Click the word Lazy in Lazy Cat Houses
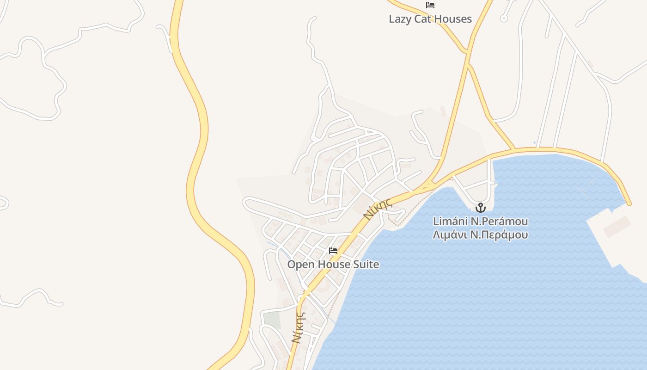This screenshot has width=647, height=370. (400, 19)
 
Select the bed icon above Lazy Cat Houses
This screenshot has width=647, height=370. (430, 5)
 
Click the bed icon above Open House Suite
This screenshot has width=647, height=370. (333, 251)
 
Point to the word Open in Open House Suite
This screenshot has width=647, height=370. (300, 265)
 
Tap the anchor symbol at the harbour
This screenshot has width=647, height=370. (481, 208)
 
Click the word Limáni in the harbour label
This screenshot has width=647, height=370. (450, 222)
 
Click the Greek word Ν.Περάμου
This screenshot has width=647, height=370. (499, 234)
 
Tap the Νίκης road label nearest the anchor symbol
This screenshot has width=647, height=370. (378, 208)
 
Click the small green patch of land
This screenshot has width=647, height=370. (272, 320)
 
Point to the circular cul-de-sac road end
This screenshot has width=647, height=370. (504, 18)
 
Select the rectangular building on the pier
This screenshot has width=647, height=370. (616, 226)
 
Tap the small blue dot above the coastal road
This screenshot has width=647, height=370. (535, 143)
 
